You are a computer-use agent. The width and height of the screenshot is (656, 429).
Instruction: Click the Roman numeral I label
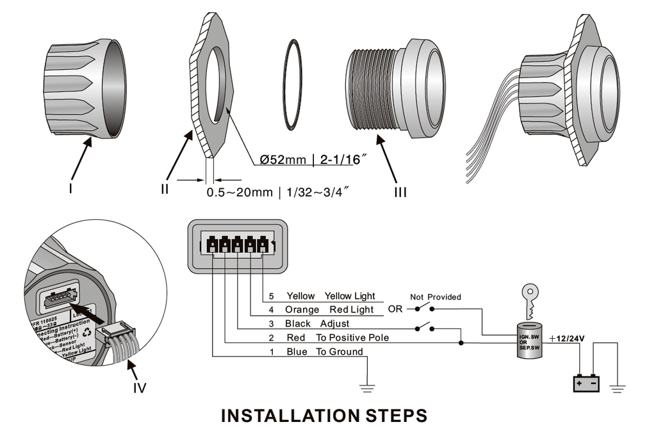coord(71,189)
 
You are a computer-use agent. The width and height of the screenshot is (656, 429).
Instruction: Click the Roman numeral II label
coord(165,189)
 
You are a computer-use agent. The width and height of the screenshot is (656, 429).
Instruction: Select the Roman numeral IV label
coord(139,387)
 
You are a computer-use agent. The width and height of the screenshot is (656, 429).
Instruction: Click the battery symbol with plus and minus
coord(586,383)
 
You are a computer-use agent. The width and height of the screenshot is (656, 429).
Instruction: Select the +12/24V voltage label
coord(566,338)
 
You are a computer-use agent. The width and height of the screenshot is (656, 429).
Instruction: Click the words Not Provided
coord(436,297)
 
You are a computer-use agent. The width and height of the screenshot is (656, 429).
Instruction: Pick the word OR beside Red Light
coord(395,310)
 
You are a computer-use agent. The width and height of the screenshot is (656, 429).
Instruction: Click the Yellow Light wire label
coord(350,296)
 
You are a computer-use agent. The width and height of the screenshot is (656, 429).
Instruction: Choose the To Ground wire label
coord(340,352)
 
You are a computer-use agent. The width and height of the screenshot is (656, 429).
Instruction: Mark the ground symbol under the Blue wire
coord(367,385)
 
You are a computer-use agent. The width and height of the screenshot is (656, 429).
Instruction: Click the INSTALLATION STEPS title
coord(324,416)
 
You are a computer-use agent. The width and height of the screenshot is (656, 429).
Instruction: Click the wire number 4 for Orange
coord(271,310)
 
